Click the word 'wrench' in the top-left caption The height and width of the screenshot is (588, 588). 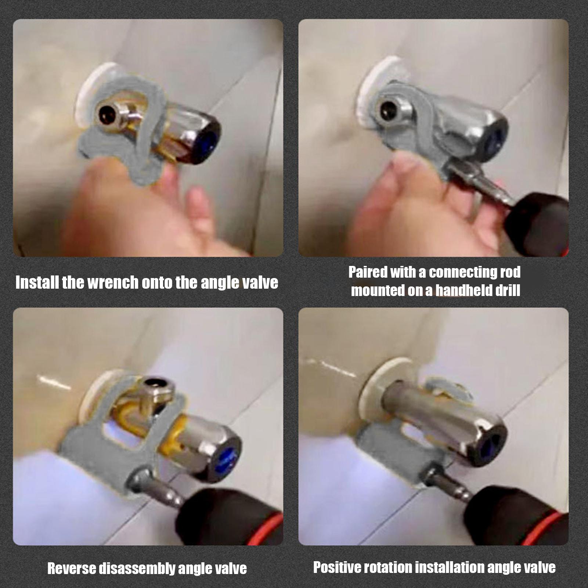point(113,283)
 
